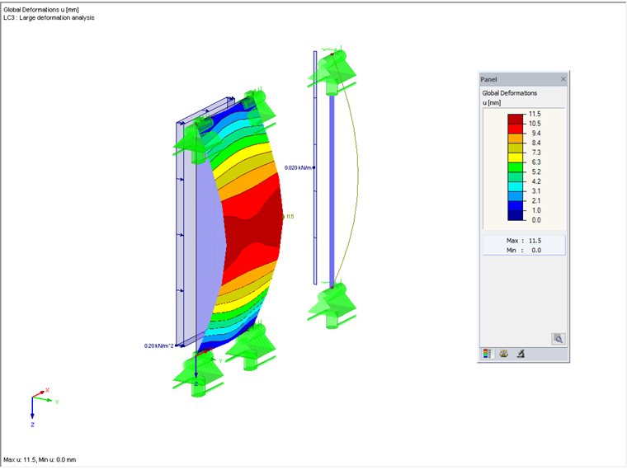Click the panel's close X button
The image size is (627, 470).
tap(563, 79)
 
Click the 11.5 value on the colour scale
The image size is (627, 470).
tap(535, 114)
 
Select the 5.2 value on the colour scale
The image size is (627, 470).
tap(536, 172)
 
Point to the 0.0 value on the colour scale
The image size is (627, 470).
tap(536, 220)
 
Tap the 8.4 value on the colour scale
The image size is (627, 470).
tap(536, 143)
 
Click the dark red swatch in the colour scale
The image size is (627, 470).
tap(515, 119)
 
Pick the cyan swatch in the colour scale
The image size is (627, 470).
tap(515, 186)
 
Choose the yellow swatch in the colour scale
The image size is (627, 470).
tap(515, 157)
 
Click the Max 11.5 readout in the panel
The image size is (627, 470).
tap(524, 241)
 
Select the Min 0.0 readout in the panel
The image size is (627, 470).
tap(524, 250)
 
